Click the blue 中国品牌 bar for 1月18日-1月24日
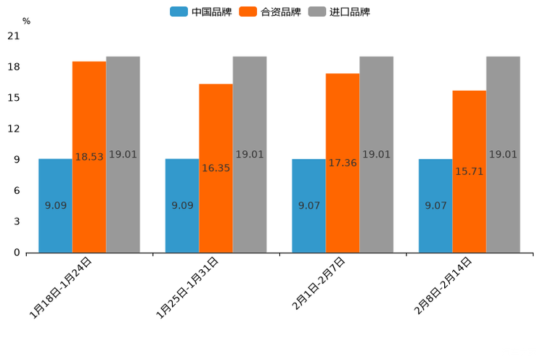pos(55,205)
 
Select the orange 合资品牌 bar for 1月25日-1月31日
pos(216,168)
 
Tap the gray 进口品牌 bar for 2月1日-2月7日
pos(376,155)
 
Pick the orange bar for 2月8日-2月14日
pos(469,172)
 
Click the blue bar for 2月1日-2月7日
pos(308,205)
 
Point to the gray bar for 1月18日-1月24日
pos(123,155)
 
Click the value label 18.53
pos(89,157)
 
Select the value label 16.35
pos(216,168)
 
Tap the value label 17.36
pos(343,163)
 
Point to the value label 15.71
pos(469,171)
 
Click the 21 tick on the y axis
pos(13,36)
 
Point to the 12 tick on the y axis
pos(13,129)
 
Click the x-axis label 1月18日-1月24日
pos(61,288)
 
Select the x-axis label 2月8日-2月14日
pos(443,285)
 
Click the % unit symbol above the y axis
pos(26,21)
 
